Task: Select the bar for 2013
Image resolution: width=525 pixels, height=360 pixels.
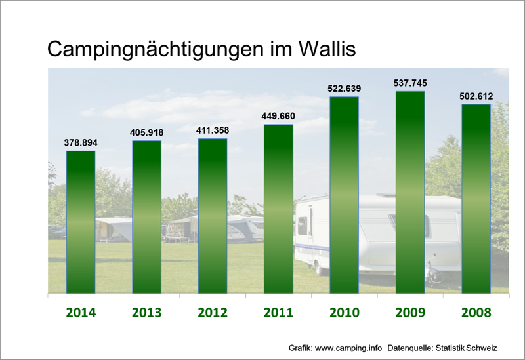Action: point(146,217)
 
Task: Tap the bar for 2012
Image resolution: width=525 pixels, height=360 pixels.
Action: point(213,216)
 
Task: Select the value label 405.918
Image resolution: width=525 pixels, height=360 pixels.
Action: point(147,132)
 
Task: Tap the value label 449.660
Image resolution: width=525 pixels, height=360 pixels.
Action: point(278,116)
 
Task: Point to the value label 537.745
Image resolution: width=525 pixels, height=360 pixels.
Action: point(410,83)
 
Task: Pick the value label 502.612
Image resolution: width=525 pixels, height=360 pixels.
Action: point(476,96)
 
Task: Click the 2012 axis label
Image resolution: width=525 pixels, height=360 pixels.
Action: point(213,312)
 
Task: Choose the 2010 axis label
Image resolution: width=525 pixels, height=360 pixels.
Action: point(344,312)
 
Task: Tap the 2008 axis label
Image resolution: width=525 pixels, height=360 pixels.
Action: point(476,312)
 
